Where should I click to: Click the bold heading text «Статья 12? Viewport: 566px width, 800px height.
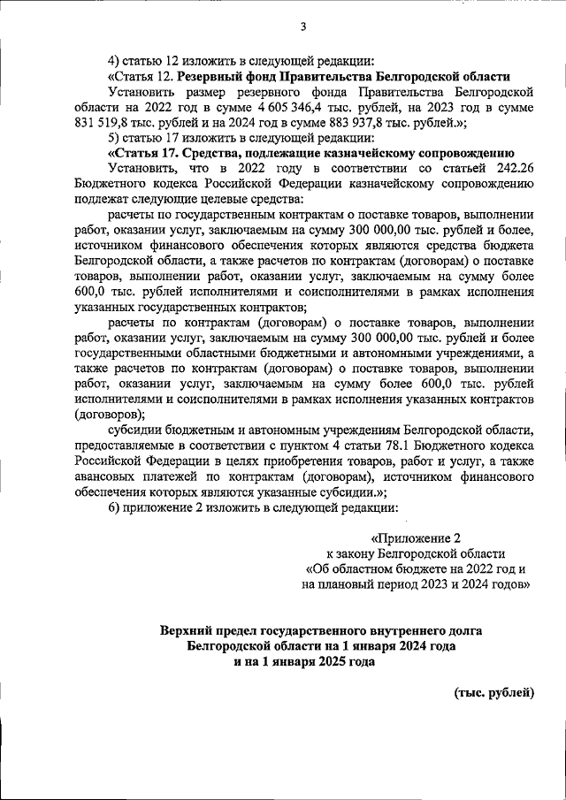click(140, 75)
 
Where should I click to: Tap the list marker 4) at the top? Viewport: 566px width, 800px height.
click(115, 60)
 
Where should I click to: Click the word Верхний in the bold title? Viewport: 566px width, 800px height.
click(188, 631)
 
